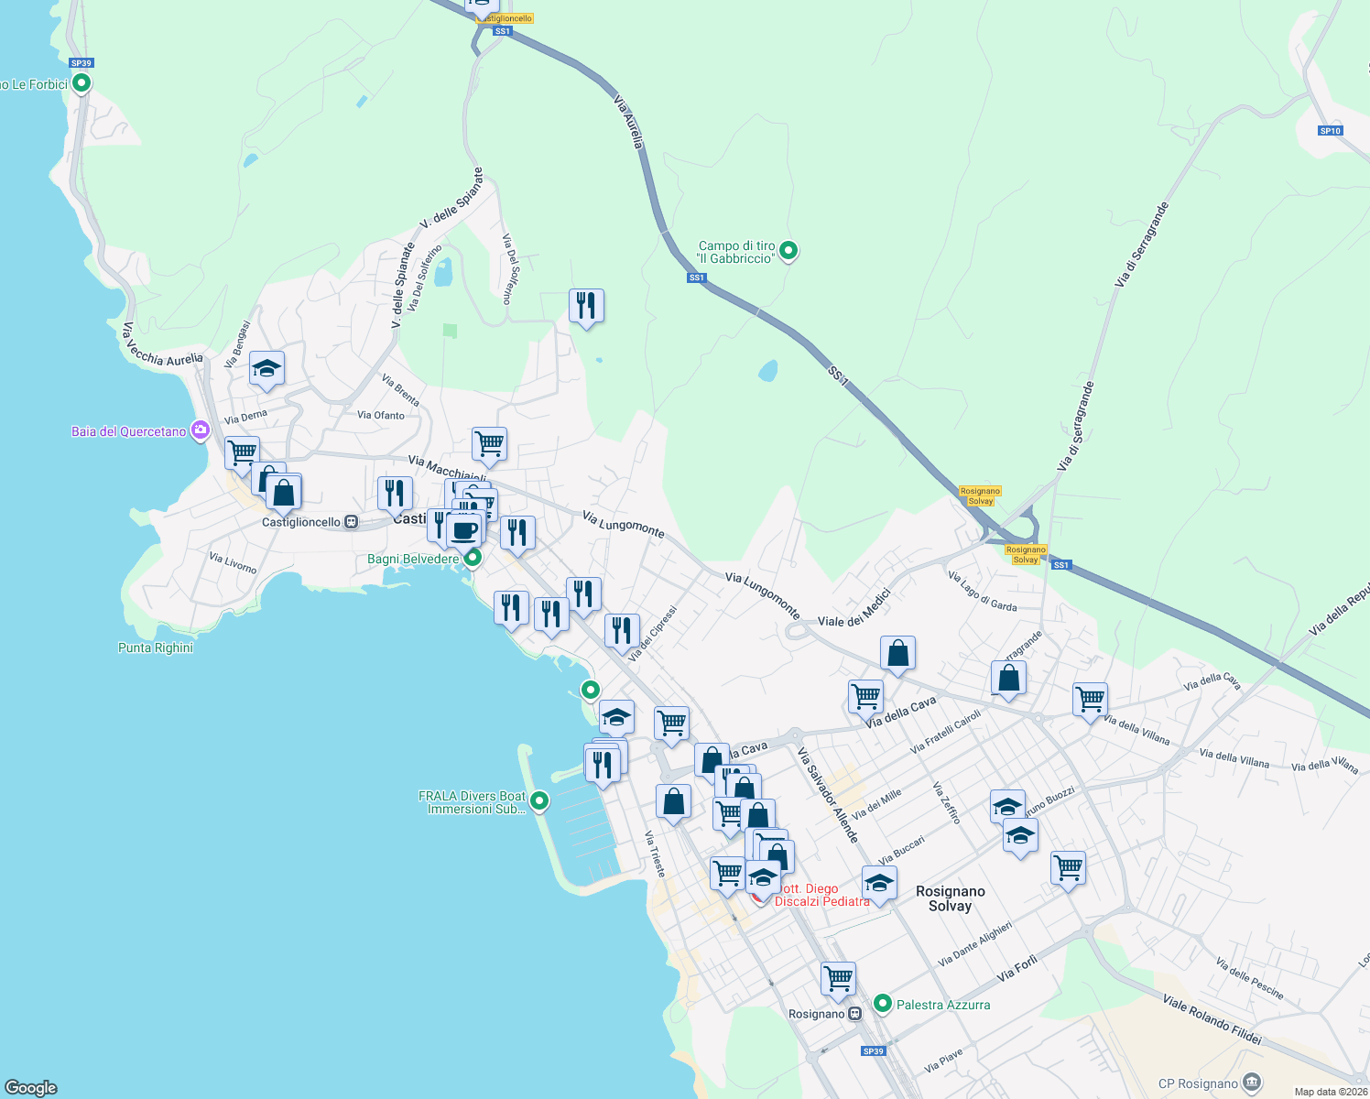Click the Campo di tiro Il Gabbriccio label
[736, 252]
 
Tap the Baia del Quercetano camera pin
[201, 430]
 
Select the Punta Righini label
[156, 647]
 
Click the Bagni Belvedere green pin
[473, 557]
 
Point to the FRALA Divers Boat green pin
[539, 801]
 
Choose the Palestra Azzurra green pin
[883, 1004]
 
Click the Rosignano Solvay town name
[951, 898]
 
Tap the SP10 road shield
[1330, 131]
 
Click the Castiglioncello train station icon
[350, 522]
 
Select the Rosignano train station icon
[854, 1014]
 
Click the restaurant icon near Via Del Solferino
[586, 306]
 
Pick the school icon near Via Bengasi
[266, 368]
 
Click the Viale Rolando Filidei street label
[1212, 1019]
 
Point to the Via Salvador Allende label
[828, 795]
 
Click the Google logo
[31, 1088]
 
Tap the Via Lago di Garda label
[983, 592]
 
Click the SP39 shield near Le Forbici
[82, 63]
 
